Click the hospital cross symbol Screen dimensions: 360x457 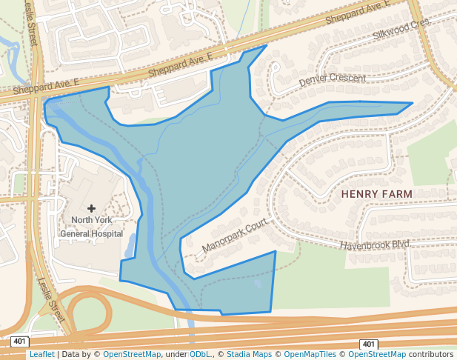92,209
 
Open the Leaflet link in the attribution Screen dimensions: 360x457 41,355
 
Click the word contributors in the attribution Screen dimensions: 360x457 430,355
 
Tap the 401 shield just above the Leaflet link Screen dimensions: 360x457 20,341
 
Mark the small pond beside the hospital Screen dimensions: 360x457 131,245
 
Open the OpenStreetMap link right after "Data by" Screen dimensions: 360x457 131,355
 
